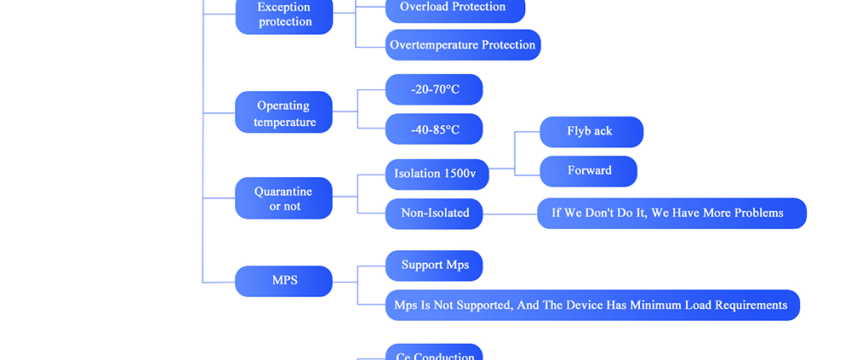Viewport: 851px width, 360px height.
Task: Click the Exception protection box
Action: pos(284,14)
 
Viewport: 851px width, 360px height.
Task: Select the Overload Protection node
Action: pos(454,8)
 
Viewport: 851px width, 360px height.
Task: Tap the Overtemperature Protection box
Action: pos(463,45)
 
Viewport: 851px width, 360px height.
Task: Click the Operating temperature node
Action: pos(283,113)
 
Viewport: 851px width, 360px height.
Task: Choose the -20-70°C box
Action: pos(434,89)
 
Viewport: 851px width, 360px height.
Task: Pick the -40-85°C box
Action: pos(434,129)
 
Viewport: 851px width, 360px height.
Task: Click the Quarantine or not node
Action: pos(283,198)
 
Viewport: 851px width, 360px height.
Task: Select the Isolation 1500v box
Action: pos(437,174)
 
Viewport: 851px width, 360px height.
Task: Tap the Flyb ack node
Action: pos(591,131)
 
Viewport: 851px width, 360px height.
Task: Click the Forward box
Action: pos(589,171)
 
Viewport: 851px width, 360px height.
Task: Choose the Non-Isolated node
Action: pos(434,214)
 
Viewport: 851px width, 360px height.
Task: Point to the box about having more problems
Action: pos(671,213)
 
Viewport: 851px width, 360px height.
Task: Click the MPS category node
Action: pos(283,281)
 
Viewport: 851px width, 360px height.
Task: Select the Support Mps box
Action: pos(434,266)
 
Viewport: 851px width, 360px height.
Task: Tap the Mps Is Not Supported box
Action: pos(592,306)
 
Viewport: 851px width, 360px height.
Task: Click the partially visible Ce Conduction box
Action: pos(434,353)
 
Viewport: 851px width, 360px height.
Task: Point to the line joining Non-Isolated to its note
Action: pos(510,214)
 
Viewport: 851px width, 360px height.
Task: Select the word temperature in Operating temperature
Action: pos(284,123)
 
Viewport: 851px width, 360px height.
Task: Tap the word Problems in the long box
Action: pos(755,213)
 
